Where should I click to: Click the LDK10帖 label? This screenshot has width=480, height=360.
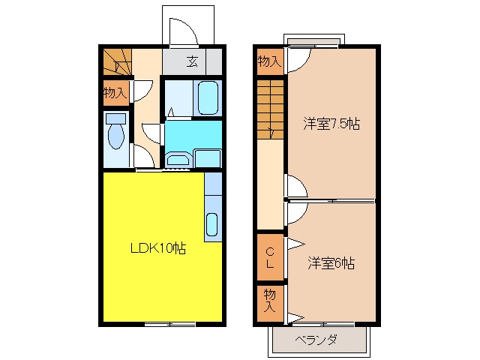pyautogui.click(x=158, y=248)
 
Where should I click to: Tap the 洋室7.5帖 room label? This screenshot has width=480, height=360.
pyautogui.click(x=331, y=124)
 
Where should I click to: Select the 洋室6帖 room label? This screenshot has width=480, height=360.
pyautogui.click(x=331, y=263)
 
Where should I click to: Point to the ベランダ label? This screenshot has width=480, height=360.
pyautogui.click(x=316, y=340)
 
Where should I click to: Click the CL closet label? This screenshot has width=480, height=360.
pyautogui.click(x=270, y=258)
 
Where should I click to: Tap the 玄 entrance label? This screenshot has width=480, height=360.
pyautogui.click(x=192, y=61)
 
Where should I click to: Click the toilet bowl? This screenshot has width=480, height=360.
pyautogui.click(x=116, y=136)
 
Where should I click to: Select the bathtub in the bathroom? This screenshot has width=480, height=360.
pyautogui.click(x=208, y=97)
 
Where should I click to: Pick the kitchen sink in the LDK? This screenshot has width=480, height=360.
pyautogui.click(x=211, y=225)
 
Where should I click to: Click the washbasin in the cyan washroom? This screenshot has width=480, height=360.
pyautogui.click(x=178, y=160)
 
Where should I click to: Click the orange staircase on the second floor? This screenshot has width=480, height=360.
pyautogui.click(x=270, y=109)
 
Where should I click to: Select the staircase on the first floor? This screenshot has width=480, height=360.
pyautogui.click(x=117, y=61)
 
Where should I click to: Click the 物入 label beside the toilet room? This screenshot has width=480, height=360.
pyautogui.click(x=115, y=92)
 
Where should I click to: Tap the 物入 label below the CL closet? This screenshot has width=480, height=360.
pyautogui.click(x=270, y=301)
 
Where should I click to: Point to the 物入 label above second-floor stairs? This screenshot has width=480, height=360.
pyautogui.click(x=269, y=61)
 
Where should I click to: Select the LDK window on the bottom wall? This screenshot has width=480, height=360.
pyautogui.click(x=169, y=324)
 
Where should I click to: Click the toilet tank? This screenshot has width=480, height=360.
pyautogui.click(x=116, y=118)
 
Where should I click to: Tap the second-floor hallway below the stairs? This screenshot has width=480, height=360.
pyautogui.click(x=270, y=184)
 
